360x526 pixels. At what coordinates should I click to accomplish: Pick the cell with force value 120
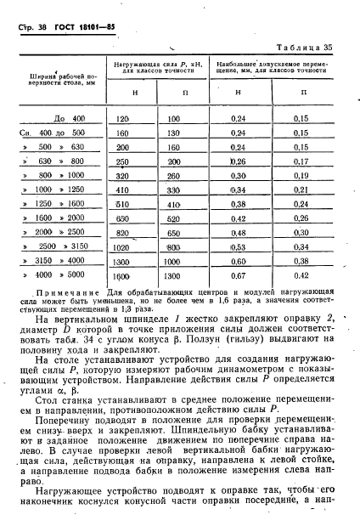[x=121, y=118]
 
